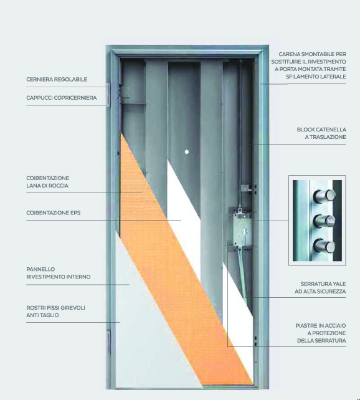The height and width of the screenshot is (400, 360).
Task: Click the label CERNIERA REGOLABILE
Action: pyautogui.click(x=57, y=79)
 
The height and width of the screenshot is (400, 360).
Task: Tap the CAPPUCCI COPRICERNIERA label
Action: pyautogui.click(x=62, y=98)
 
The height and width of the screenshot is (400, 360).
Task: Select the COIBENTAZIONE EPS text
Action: pyautogui.click(x=54, y=212)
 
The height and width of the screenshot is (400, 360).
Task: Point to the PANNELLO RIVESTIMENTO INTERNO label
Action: pyautogui.click(x=59, y=273)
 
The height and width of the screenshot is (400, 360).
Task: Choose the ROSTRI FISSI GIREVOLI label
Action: pyautogui.click(x=55, y=308)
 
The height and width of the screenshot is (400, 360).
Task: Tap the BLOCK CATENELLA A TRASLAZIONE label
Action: pyautogui.click(x=321, y=133)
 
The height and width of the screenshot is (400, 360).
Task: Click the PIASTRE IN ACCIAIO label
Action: pyautogui.click(x=321, y=326)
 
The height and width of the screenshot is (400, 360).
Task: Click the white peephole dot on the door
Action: pyautogui.click(x=187, y=152)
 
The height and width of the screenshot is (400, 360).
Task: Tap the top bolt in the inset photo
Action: pyautogui.click(x=324, y=196)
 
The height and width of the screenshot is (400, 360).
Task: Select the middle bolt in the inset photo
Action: pyautogui.click(x=324, y=221)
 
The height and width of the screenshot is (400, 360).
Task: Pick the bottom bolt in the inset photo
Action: pyautogui.click(x=324, y=245)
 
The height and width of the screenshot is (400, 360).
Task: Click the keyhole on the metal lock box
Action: pyautogui.click(x=245, y=232)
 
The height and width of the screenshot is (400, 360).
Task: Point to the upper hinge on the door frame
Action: pyautogui.click(x=108, y=94)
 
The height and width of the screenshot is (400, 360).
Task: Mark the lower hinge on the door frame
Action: pyautogui.click(x=108, y=342)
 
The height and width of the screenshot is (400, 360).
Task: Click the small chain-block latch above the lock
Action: pyautogui.click(x=246, y=188)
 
